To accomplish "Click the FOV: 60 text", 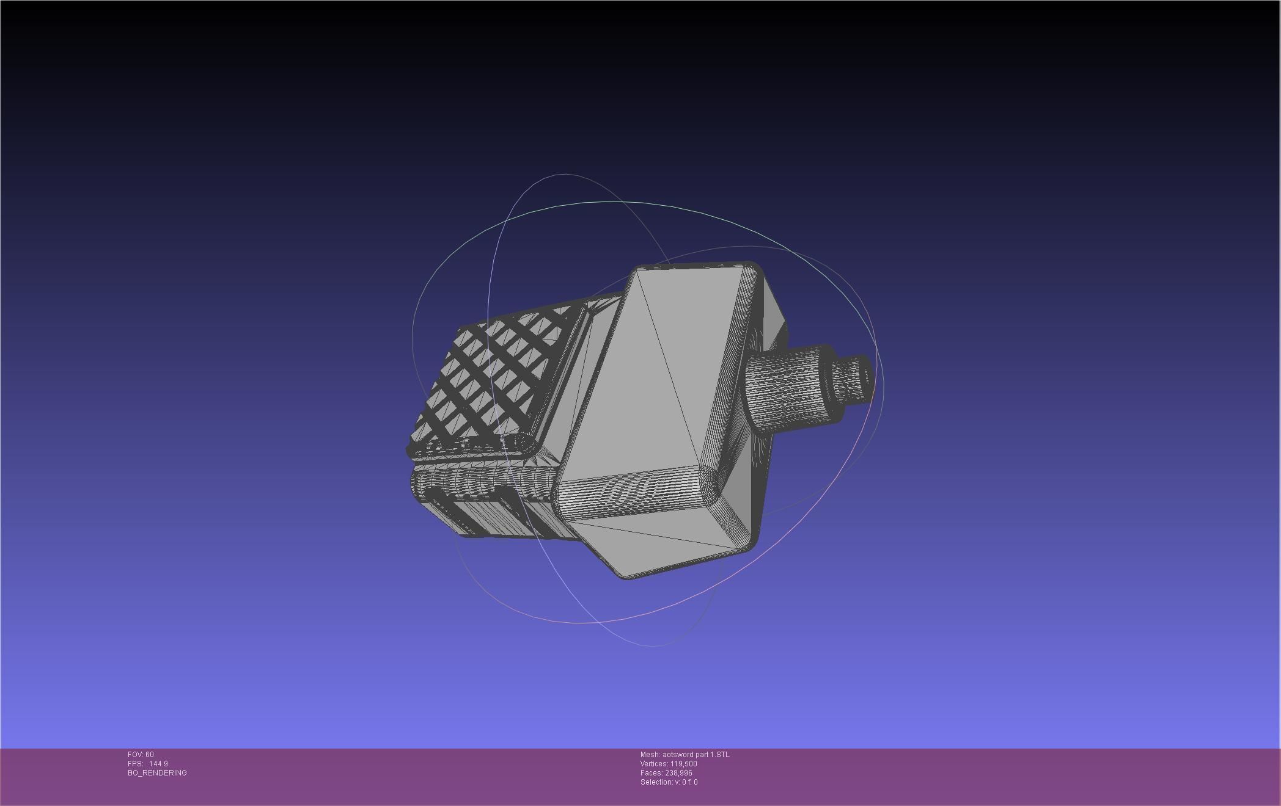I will [141, 755].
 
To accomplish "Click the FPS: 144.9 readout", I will [148, 764].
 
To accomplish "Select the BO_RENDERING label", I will [157, 773].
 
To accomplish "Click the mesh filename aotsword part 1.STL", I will [685, 755].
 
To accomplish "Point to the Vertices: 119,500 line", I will [669, 764].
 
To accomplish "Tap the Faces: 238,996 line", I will [666, 773].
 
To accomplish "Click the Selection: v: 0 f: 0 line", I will [669, 782].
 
